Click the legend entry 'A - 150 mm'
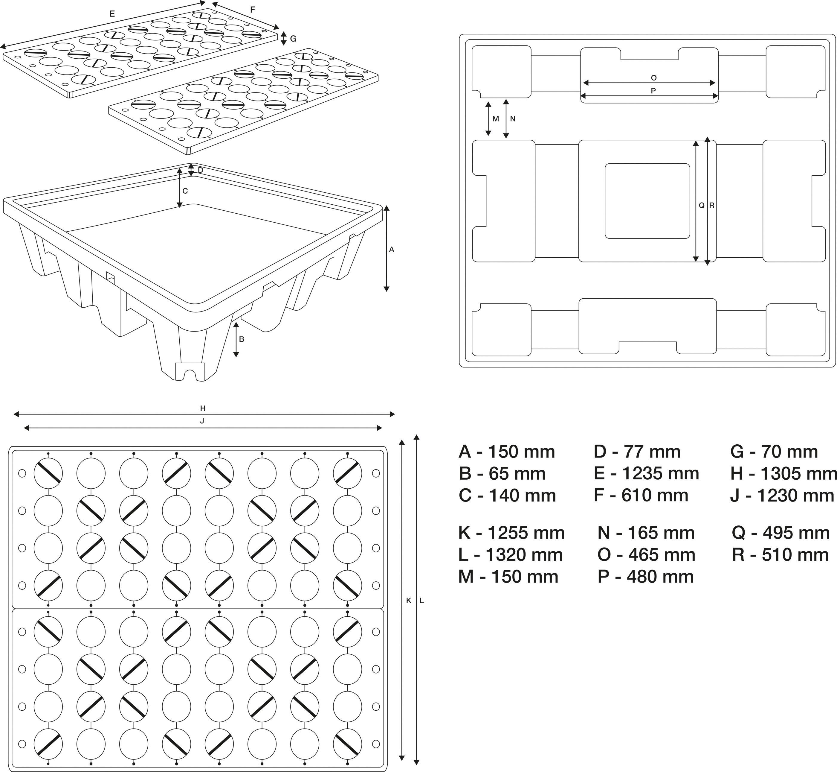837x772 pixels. pyautogui.click(x=507, y=452)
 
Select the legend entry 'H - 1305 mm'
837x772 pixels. pyautogui.click(x=783, y=474)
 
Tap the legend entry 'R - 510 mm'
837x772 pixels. pyautogui.click(x=780, y=555)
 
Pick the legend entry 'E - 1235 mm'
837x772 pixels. pyautogui.click(x=646, y=474)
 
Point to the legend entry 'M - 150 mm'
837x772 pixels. pyautogui.click(x=508, y=577)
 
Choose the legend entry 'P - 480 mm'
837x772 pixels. pyautogui.click(x=645, y=577)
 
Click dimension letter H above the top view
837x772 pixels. pyautogui.click(x=203, y=408)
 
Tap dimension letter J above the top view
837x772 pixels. pyautogui.click(x=202, y=421)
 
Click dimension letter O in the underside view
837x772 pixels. pyautogui.click(x=653, y=78)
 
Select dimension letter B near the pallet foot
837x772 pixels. pyautogui.click(x=242, y=339)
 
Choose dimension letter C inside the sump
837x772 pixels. pyautogui.click(x=185, y=191)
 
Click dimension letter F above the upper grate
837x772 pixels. pyautogui.click(x=252, y=10)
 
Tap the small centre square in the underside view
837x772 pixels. pyautogui.click(x=647, y=201)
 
